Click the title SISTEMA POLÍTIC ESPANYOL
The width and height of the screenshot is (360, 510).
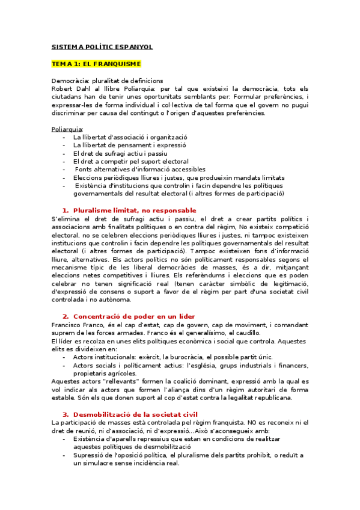click(102, 46)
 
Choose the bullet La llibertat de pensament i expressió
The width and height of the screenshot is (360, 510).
click(129, 145)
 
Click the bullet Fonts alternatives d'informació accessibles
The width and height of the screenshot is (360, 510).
click(139, 170)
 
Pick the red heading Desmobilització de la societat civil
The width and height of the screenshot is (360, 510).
click(134, 414)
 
